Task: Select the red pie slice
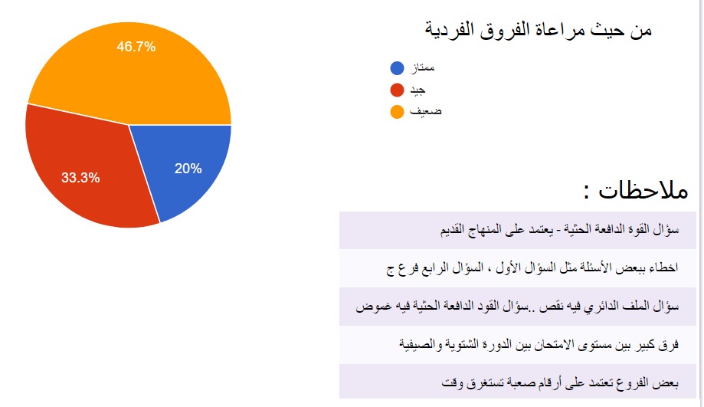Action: coord(85,171)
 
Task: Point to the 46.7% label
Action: coord(136,47)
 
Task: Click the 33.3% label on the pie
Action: coord(80,178)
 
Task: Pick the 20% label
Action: coord(188,169)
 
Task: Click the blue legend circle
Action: coord(398,68)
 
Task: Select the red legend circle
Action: coord(398,90)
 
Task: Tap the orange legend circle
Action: coord(398,111)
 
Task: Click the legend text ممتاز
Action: coord(423,67)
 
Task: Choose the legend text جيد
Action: coord(417,90)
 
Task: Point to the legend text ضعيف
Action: coord(426,111)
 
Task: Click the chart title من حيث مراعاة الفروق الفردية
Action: coord(539,31)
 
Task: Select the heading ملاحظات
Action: coord(636,191)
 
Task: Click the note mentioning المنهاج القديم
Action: coord(559,230)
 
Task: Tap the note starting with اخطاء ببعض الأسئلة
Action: coord(532,268)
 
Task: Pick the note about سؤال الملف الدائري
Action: coord(517,307)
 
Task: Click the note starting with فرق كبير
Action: coord(539,345)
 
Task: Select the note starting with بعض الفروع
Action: coord(560,383)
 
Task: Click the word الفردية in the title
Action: coord(450,31)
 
